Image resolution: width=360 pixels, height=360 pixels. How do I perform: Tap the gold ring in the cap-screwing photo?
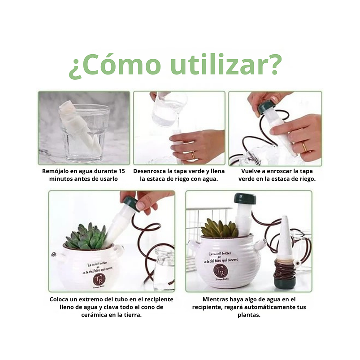[305, 147]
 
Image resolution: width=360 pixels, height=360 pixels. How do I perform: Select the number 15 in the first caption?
[121, 171]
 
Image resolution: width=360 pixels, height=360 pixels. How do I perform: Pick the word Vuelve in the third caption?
[252, 171]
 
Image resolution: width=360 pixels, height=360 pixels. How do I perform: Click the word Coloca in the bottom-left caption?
[60, 299]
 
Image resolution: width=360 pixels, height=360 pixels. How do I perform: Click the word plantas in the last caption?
[249, 315]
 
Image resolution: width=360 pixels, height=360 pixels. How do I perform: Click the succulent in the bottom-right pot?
[220, 229]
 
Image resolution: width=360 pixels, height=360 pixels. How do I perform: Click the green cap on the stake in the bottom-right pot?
[245, 198]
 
